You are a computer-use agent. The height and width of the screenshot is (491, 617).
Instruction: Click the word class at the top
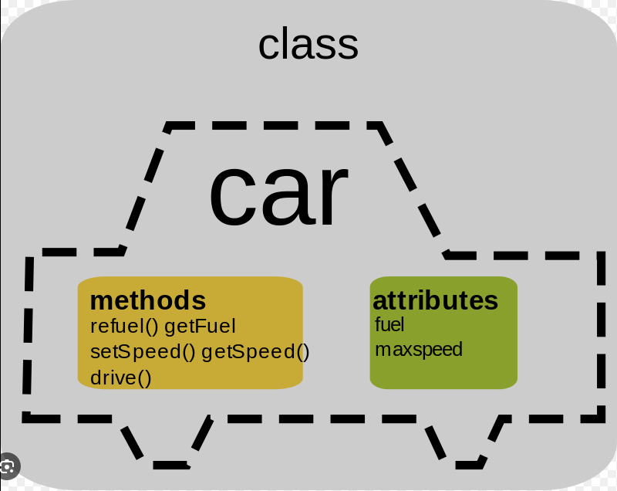coord(308,45)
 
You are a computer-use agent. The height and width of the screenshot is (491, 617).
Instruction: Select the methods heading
coord(148,300)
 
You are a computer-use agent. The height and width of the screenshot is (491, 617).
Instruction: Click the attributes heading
coord(435,300)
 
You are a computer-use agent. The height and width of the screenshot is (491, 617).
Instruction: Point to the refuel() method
coord(123,327)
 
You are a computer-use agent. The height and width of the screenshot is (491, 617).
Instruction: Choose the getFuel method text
coord(200,327)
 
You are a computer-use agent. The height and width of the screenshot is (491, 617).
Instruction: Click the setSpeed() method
coord(143,352)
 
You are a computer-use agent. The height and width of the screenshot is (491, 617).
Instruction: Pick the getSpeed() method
coord(255,352)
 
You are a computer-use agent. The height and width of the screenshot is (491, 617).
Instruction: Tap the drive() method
coord(120,378)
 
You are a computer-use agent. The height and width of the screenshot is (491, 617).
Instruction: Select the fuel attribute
coord(389,324)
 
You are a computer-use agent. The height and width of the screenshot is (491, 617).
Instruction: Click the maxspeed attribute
coord(418,350)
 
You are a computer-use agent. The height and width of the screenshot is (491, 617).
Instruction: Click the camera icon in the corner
coord(8,466)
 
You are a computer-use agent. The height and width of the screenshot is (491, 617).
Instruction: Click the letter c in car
coord(230,197)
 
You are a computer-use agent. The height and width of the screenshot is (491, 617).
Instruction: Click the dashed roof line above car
coord(274,124)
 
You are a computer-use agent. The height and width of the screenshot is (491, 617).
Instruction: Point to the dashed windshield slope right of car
coord(413,189)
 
